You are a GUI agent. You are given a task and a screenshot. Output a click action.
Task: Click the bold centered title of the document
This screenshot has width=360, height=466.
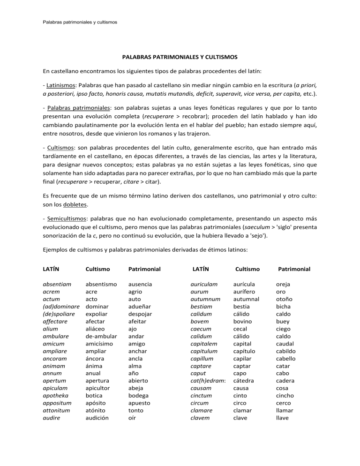point(180,57)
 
